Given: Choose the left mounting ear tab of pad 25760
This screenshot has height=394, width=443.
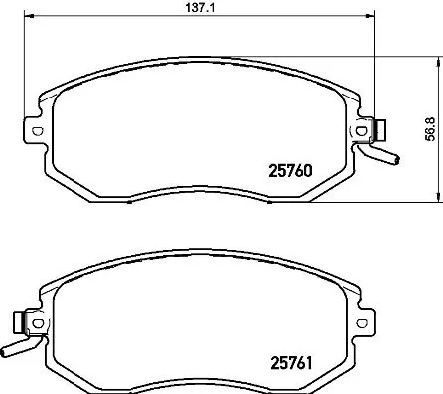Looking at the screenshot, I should (32, 130).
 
